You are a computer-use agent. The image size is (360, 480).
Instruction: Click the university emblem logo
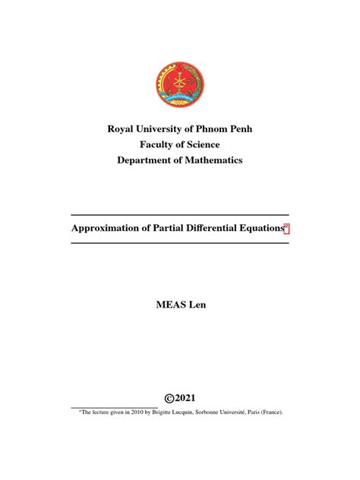click(180, 84)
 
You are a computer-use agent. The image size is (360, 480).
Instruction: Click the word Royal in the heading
click(124, 128)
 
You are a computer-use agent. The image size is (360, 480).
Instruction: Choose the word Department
click(148, 160)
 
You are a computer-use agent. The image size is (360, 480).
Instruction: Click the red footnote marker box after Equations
click(286, 227)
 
